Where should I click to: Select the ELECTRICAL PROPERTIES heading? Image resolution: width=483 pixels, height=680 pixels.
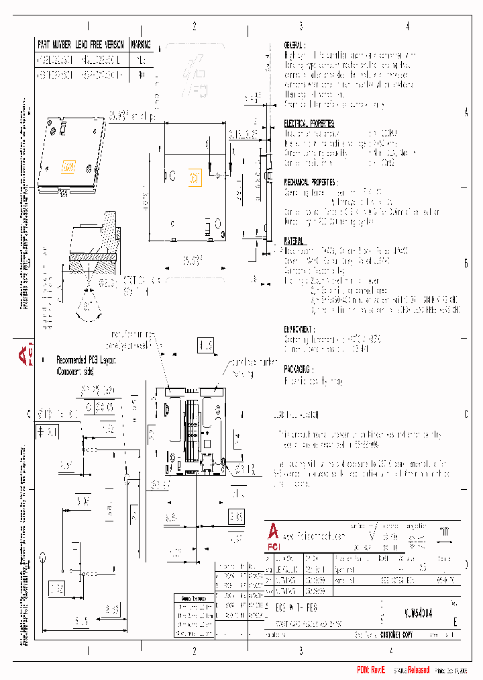click(x=309, y=124)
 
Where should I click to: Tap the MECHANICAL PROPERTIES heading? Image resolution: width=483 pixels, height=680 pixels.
click(x=310, y=182)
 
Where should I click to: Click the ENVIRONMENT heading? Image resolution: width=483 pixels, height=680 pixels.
click(x=300, y=330)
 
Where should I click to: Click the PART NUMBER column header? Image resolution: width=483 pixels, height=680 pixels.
click(x=54, y=44)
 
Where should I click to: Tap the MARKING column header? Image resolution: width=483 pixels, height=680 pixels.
click(x=140, y=44)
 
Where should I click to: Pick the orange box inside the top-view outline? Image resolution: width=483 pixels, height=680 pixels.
click(x=193, y=177)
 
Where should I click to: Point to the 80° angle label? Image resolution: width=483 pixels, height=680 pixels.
click(x=87, y=307)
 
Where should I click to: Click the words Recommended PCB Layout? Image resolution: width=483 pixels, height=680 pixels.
click(x=87, y=359)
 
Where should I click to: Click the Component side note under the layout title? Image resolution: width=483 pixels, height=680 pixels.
click(x=74, y=370)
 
